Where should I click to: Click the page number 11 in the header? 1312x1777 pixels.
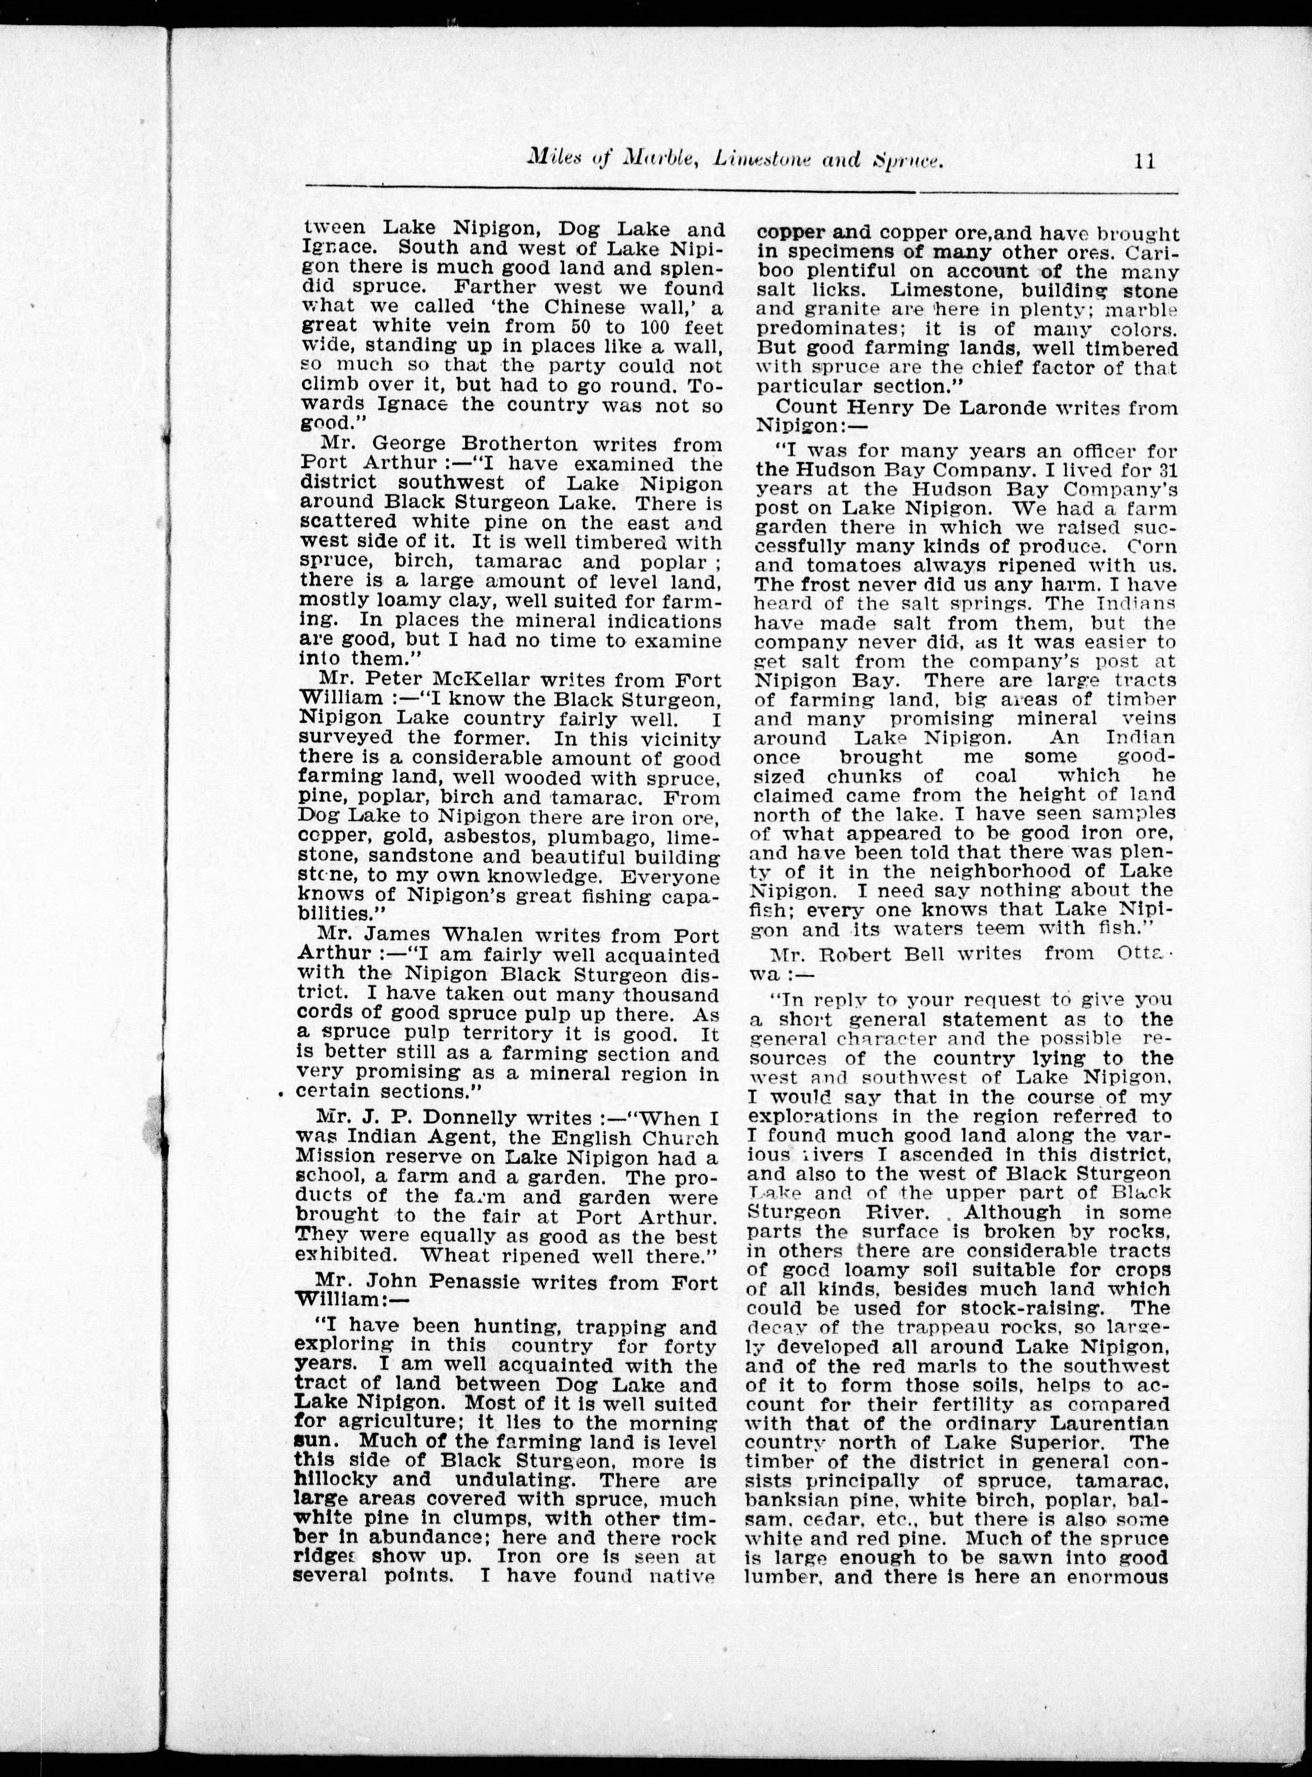(x=1144, y=161)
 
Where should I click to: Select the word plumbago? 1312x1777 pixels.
(x=635, y=838)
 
